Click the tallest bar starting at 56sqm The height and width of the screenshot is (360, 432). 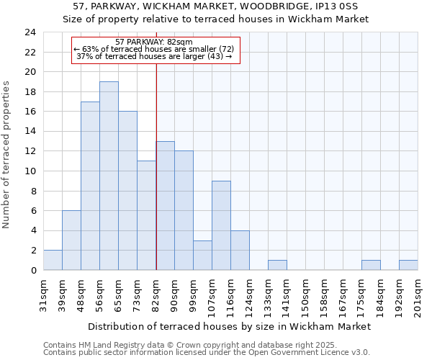point(109,176)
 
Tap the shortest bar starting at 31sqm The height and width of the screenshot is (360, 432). point(53,260)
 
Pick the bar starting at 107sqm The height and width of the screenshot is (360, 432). point(221,225)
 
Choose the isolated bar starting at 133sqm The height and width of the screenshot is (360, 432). point(277,265)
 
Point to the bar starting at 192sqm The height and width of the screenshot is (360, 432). point(408,265)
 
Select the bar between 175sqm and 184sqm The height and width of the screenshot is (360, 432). point(371,265)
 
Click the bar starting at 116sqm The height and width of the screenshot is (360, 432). point(240,250)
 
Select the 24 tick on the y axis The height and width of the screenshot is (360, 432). point(30,32)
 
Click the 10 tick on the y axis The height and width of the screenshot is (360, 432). point(30,171)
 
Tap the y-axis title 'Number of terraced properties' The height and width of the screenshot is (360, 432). point(7,155)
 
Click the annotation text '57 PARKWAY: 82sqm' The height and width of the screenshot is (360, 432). point(153,42)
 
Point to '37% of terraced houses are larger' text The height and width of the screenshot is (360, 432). point(153,56)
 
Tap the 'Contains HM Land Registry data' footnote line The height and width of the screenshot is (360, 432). point(186,345)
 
